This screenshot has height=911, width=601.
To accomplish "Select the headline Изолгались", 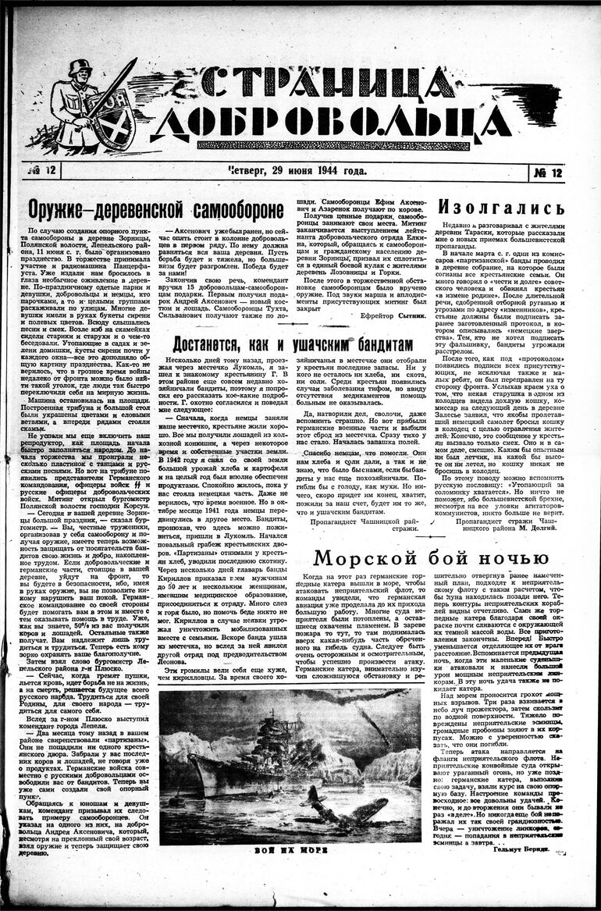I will click(500, 208).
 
